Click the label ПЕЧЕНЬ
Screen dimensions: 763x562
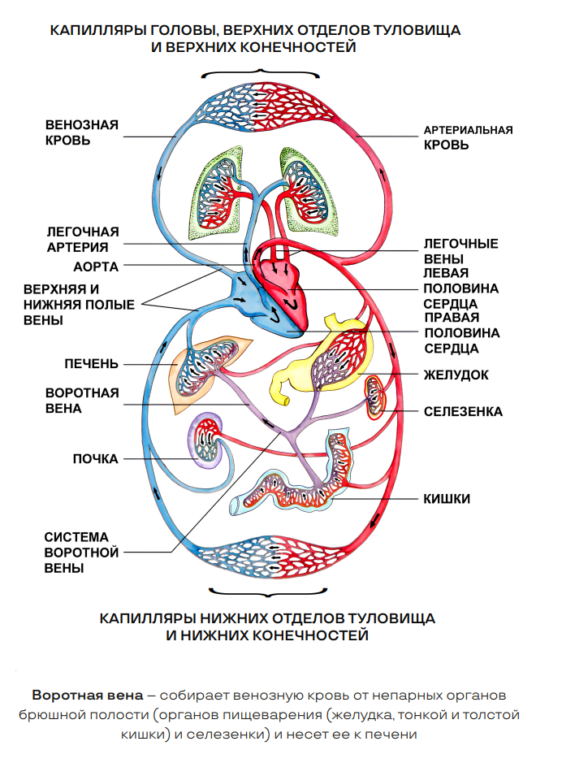[x=92, y=362]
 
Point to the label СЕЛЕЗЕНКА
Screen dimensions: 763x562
[x=463, y=412]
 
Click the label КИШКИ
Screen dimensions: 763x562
[x=447, y=498]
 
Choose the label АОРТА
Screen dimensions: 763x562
[x=96, y=266]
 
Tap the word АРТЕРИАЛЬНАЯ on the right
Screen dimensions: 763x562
[x=469, y=130]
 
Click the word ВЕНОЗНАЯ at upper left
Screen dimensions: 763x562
[x=82, y=124]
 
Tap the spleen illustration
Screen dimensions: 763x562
[x=376, y=396]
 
